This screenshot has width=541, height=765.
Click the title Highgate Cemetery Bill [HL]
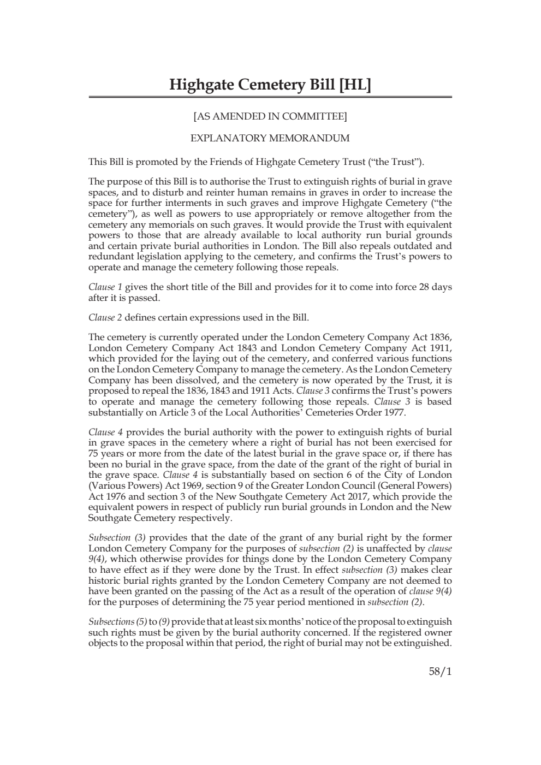tap(270, 85)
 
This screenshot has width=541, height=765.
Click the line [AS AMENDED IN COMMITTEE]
tap(270, 116)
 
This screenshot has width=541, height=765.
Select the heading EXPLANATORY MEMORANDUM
tap(270, 138)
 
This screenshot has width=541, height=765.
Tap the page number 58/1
tap(440, 672)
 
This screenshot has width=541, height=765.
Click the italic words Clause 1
tap(105, 287)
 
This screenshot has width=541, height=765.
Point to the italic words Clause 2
tap(105, 317)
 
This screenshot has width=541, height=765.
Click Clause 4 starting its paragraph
tap(105, 432)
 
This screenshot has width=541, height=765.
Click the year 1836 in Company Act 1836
tap(441, 337)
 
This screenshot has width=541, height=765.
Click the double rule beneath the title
tap(270, 98)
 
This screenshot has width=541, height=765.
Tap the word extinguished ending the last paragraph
tap(424, 643)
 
